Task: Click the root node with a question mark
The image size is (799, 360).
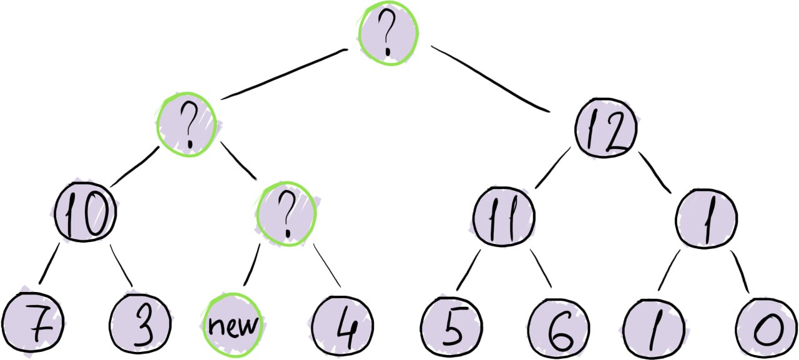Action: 388,34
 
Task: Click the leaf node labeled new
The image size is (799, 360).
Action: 232,324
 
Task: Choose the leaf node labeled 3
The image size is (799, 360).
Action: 140,323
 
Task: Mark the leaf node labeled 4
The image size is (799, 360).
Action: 341,324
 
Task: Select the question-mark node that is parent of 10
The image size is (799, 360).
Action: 187,124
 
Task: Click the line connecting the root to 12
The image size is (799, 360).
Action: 489,79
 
